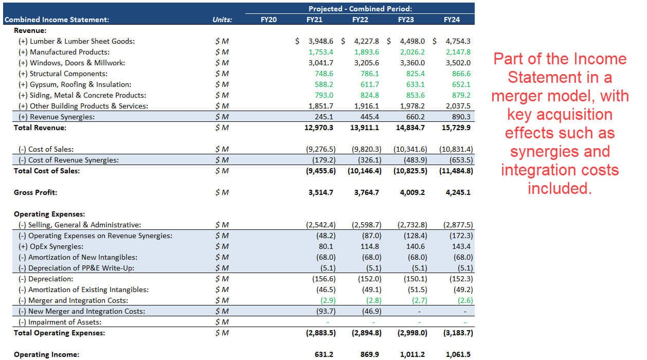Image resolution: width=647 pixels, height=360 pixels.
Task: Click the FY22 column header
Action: tap(360, 20)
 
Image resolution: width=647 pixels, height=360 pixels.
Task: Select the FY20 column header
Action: tap(268, 20)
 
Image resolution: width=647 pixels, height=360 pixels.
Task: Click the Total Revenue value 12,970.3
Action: tap(319, 128)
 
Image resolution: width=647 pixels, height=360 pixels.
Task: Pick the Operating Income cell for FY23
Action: tap(412, 354)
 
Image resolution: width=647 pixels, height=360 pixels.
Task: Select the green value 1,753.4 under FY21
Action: tap(321, 52)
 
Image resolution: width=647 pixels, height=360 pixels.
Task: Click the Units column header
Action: tap(222, 20)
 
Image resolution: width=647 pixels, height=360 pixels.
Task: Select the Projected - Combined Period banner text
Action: tap(360, 9)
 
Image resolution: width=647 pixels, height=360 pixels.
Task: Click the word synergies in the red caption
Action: tap(560, 151)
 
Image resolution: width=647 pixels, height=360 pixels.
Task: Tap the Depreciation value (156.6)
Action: tap(323, 279)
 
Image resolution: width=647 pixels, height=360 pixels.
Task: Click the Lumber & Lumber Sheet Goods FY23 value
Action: tap(411, 41)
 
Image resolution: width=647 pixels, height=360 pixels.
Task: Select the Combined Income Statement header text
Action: tap(57, 20)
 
